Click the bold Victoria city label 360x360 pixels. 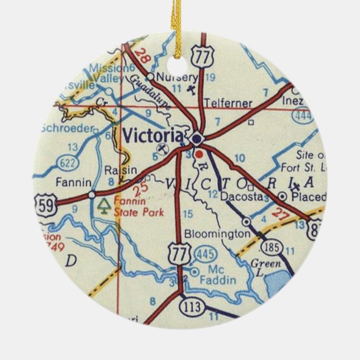(x=152, y=135)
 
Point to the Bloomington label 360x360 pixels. (x=216, y=234)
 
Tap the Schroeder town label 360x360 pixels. (x=65, y=128)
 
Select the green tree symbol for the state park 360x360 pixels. (x=103, y=205)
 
